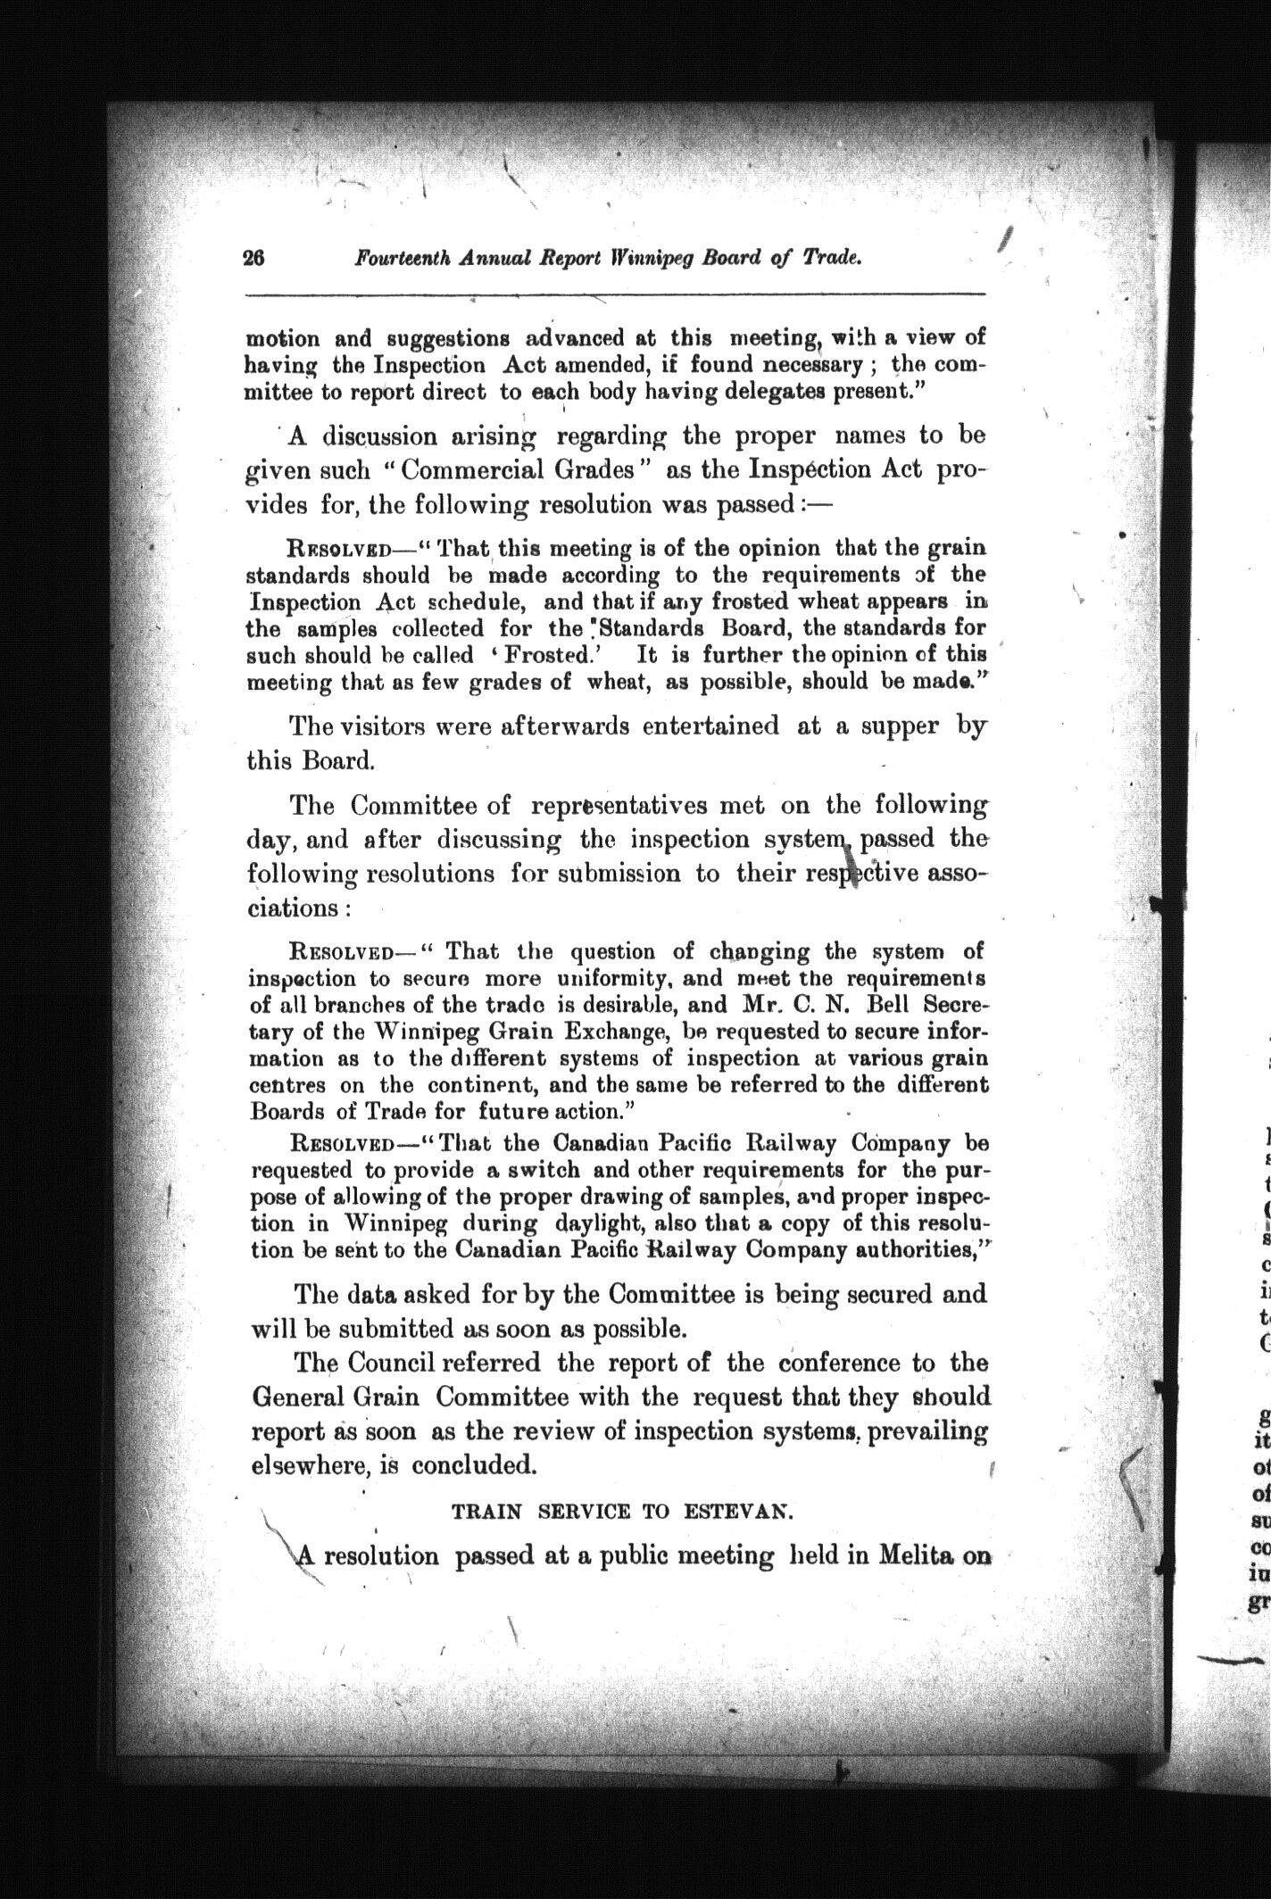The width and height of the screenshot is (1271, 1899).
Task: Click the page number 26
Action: coord(254,258)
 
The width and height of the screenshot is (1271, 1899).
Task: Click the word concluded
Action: coord(476,1465)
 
